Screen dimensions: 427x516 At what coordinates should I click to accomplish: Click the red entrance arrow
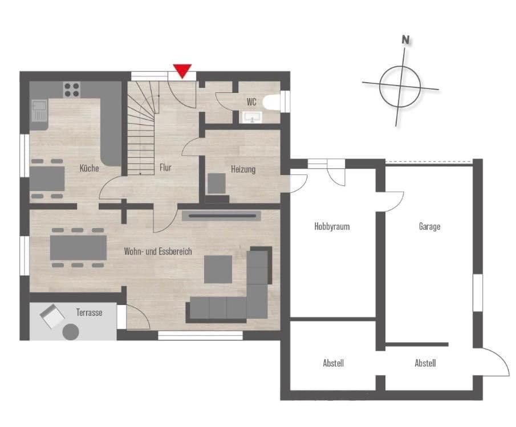coord(182,71)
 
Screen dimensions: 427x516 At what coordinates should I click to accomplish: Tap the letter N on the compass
coord(405,40)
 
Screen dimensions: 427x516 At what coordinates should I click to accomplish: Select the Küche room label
coord(89,168)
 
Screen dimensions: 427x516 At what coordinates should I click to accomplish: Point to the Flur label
coord(165,168)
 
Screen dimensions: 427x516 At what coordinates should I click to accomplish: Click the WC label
coord(251,102)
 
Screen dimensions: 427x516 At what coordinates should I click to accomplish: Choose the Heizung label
coord(243,169)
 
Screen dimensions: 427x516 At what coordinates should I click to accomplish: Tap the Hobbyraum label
coord(331,226)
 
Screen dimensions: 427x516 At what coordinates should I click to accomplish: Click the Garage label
coord(429,226)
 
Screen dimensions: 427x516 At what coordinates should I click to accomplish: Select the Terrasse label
coord(90,312)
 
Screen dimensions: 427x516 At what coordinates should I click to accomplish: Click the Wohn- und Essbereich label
coord(159,251)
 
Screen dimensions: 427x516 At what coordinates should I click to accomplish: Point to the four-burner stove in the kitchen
coord(72,89)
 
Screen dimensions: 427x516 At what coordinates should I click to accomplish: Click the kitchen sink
coord(39,111)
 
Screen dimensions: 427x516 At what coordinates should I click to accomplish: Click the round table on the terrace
coord(71,331)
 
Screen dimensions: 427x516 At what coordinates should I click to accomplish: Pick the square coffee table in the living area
coord(218,269)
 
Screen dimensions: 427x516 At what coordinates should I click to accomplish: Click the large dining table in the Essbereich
coord(78,247)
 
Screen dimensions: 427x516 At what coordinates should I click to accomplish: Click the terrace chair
coord(52,316)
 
